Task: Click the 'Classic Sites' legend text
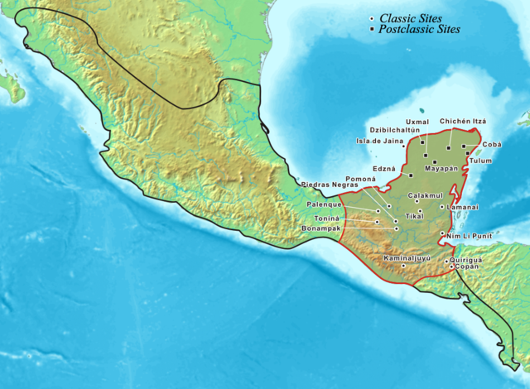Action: tap(412, 17)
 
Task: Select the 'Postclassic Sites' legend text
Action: tap(419, 29)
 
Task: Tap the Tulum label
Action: tap(480, 160)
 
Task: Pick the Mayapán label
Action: tap(441, 168)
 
